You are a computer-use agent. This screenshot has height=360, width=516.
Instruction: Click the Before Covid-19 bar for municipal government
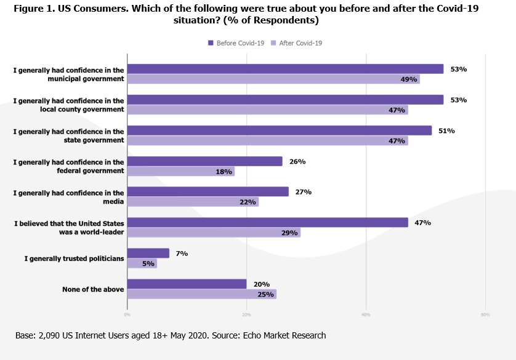pyautogui.click(x=285, y=69)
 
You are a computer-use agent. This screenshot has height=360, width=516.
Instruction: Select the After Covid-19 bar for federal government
pyautogui.click(x=181, y=172)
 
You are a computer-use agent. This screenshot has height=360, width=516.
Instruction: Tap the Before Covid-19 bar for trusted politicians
pyautogui.click(x=148, y=254)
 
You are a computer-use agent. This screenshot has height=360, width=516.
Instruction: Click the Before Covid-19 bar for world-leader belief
pyautogui.click(x=267, y=223)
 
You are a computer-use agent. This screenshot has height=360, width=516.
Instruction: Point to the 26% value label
pyautogui.click(x=298, y=161)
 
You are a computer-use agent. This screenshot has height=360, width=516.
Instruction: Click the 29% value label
pyautogui.click(x=289, y=233)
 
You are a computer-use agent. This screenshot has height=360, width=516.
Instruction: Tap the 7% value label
pyautogui.click(x=182, y=254)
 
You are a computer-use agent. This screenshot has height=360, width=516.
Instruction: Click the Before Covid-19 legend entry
pyautogui.click(x=236, y=43)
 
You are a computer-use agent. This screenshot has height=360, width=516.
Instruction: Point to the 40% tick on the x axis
pyautogui.click(x=366, y=314)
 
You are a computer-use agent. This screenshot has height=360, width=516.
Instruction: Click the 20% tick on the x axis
pyautogui.click(x=246, y=314)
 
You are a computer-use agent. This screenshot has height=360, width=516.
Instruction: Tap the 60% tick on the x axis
pyautogui.click(x=485, y=314)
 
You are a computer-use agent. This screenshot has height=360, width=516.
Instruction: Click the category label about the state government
pyautogui.click(x=69, y=135)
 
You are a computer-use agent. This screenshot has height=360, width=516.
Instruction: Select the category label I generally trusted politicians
pyautogui.click(x=74, y=258)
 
